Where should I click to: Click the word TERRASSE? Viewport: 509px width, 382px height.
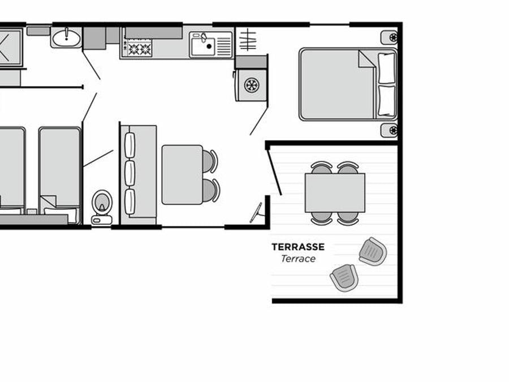pos(298,247)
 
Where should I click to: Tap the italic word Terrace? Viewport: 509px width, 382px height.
pos(298,259)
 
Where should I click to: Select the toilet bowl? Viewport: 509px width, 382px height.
pos(102,202)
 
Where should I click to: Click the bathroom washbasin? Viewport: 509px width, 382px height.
pos(66,38)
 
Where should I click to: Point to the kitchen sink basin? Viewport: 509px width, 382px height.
pos(203,46)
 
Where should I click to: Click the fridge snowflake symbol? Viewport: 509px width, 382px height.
pos(251,85)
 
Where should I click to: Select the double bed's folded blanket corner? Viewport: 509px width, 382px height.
pos(366,59)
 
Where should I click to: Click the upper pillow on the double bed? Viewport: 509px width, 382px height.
pos(387,67)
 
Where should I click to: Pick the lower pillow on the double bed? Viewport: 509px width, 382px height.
pos(387,101)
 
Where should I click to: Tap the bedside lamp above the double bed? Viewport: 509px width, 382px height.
pos(389,38)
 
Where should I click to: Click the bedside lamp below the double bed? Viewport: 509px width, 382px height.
pos(389,130)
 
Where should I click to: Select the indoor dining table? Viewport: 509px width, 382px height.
pos(182,175)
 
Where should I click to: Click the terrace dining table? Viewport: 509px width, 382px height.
pos(335,192)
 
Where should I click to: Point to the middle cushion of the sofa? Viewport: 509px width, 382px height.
pos(130,173)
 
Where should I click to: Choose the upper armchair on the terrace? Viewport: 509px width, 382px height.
pos(373,251)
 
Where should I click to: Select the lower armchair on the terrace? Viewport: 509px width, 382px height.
pos(344,278)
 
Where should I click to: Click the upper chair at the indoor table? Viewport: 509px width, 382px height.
pos(210,161)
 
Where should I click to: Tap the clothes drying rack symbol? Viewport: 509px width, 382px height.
pos(247,40)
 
